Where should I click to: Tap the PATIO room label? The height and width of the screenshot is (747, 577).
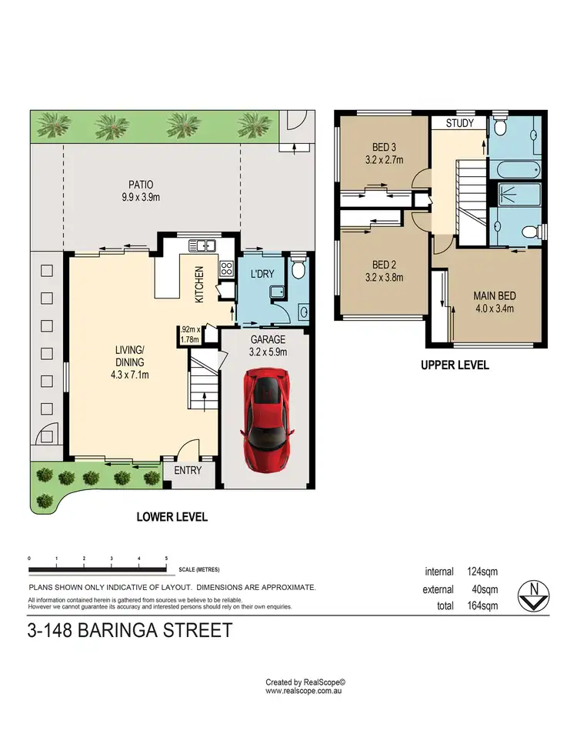click(x=141, y=185)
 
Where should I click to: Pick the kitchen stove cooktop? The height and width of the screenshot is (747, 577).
click(x=228, y=269)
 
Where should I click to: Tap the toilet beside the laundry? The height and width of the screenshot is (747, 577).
click(x=299, y=268)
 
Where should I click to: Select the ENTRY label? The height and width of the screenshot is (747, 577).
click(x=187, y=471)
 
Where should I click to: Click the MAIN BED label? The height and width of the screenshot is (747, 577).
click(x=494, y=295)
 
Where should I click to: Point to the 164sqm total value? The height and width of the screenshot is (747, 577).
click(x=482, y=605)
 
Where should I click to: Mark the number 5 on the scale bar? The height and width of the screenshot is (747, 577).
click(x=166, y=558)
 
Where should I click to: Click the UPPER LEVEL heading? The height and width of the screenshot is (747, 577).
click(x=455, y=365)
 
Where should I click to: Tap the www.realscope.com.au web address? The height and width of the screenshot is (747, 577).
click(x=305, y=692)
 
